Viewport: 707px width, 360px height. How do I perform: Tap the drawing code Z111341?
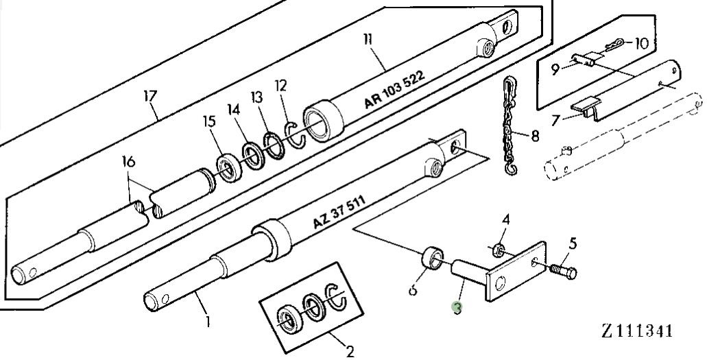[x=637, y=331]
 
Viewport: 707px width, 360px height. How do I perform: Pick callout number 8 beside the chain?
[x=535, y=136]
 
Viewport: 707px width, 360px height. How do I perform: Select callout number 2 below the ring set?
[x=350, y=352]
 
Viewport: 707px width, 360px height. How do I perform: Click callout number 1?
[x=208, y=320]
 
